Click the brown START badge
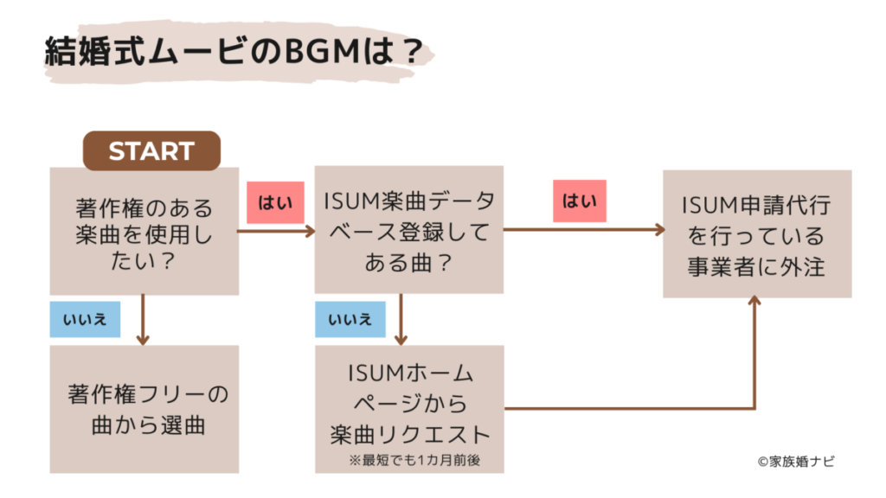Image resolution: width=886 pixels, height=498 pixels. pyautogui.click(x=151, y=150)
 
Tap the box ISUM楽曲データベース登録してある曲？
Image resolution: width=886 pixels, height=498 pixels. pyautogui.click(x=408, y=230)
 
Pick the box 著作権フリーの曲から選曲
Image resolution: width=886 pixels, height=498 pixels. pyautogui.click(x=144, y=410)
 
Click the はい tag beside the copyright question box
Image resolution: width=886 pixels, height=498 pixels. pyautogui.click(x=276, y=201)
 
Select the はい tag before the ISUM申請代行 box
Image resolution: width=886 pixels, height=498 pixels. pyautogui.click(x=580, y=201)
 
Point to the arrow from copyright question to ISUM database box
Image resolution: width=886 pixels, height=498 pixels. pyautogui.click(x=277, y=231)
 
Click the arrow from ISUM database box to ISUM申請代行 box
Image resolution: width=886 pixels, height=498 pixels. pyautogui.click(x=584, y=230)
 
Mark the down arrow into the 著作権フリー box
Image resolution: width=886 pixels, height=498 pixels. pyautogui.click(x=144, y=321)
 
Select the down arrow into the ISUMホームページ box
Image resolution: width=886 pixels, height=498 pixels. pyautogui.click(x=401, y=321)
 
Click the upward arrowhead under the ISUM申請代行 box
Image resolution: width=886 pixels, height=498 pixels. pyautogui.click(x=756, y=303)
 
